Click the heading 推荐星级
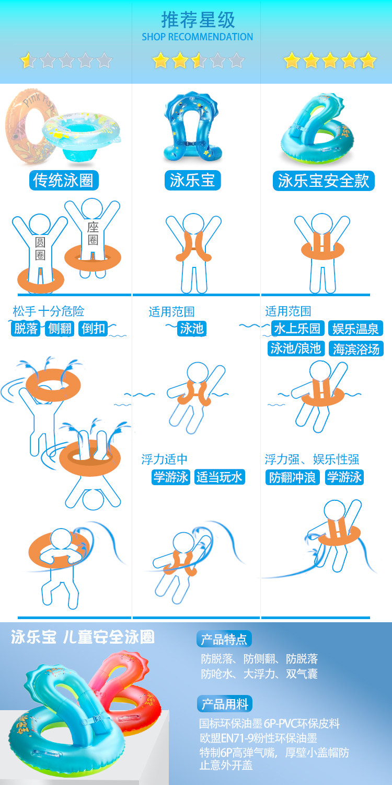click(198, 20)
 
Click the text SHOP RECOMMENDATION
click(197, 37)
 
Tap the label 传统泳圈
click(64, 181)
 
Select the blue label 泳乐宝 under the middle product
click(192, 181)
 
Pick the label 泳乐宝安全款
click(324, 181)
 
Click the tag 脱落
click(26, 329)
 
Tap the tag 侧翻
click(60, 329)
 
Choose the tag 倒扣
click(94, 329)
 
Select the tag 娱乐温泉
click(356, 329)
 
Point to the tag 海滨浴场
click(356, 349)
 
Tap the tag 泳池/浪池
click(296, 349)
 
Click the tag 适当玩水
click(220, 477)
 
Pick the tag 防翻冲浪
click(292, 477)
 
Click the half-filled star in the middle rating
click(199, 61)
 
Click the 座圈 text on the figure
click(93, 233)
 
